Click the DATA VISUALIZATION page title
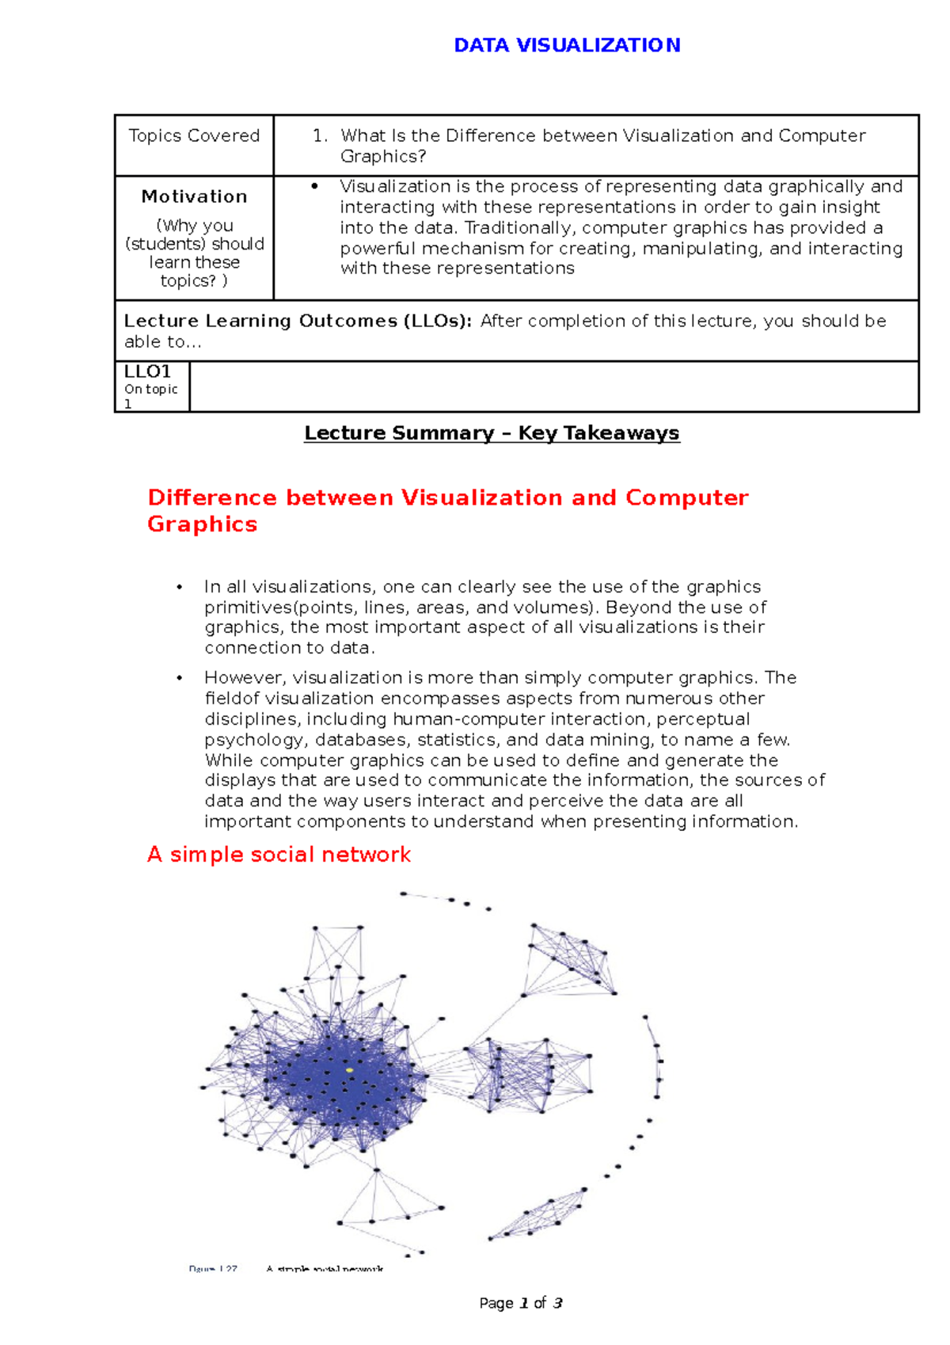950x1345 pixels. coord(567,45)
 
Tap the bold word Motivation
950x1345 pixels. coord(194,196)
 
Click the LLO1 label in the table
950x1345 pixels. coord(147,371)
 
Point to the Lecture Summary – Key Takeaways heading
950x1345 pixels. coord(492,433)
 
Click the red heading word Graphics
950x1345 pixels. coord(202,524)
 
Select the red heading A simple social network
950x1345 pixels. coord(279,855)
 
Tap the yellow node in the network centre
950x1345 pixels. coord(349,1070)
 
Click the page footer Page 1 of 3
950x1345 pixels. coord(520,1303)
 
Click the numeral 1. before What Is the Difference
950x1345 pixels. coord(320,136)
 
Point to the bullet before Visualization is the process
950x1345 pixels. coord(315,186)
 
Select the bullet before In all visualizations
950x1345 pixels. coord(180,587)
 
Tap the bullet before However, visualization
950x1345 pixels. coord(180,678)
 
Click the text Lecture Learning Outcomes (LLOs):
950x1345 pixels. coord(298,322)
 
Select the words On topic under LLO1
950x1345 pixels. coord(150,390)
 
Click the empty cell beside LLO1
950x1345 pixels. coord(553,387)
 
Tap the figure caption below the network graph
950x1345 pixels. coord(287,1269)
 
